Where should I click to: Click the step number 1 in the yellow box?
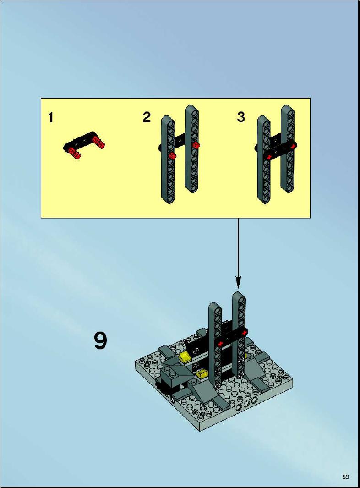[x=51, y=118]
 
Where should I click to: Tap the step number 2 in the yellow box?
[x=147, y=117]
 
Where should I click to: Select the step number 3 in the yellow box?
[x=241, y=117]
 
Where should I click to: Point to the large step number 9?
[x=100, y=341]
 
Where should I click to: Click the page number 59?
[x=345, y=477]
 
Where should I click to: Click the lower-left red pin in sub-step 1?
[x=75, y=154]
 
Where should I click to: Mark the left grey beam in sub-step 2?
[x=168, y=159]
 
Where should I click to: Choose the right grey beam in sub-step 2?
[x=192, y=149]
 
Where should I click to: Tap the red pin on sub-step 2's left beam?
[x=173, y=156]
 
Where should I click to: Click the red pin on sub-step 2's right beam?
[x=196, y=145]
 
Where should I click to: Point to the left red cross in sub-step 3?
[x=269, y=156]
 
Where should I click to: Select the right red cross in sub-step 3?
[x=292, y=145]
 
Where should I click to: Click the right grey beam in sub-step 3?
[x=288, y=149]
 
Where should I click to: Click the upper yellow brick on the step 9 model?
[x=184, y=356]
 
